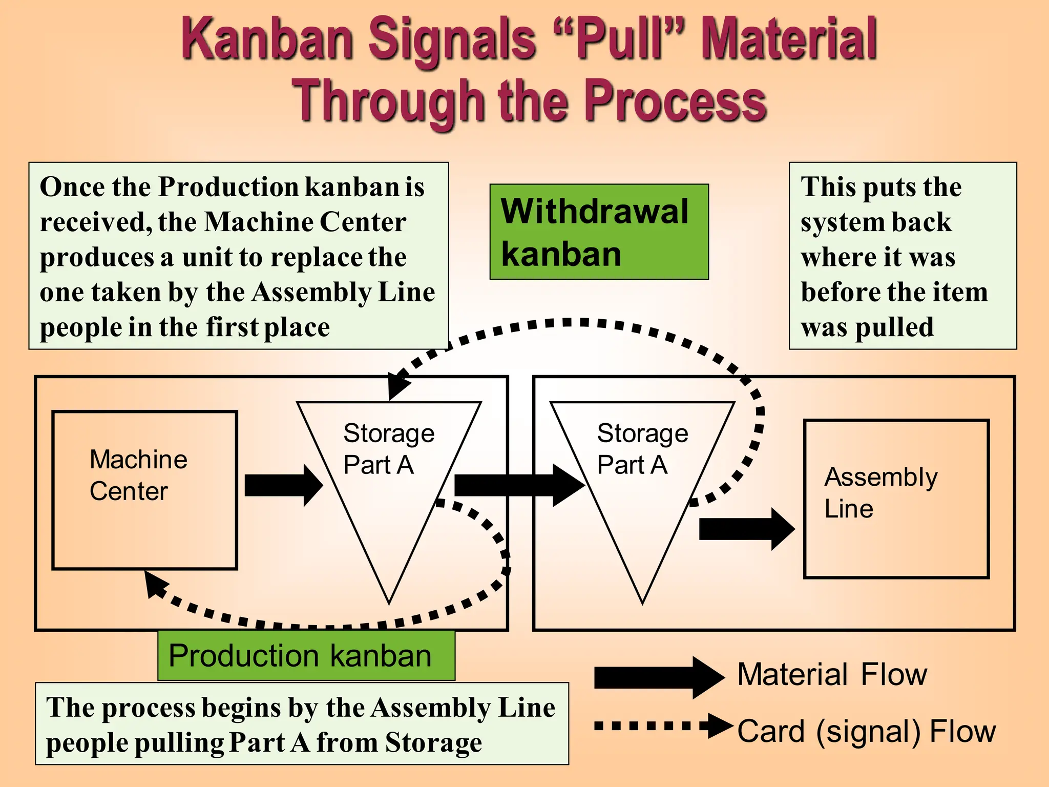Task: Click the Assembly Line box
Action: tap(896, 499)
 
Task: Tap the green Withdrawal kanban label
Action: tap(599, 232)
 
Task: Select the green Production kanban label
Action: tap(306, 655)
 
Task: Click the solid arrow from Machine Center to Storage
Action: tap(283, 485)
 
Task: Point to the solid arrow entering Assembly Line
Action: tap(746, 529)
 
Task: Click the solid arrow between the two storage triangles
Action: tap(519, 485)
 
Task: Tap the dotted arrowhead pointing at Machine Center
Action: tap(155, 585)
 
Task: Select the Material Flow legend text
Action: tap(832, 674)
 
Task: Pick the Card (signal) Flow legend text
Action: tap(866, 731)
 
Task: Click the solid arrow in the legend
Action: tap(658, 677)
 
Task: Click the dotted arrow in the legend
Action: tap(663, 726)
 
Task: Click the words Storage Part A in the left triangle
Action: tap(388, 449)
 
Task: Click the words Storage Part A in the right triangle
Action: tap(642, 449)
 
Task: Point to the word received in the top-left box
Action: tap(95, 222)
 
